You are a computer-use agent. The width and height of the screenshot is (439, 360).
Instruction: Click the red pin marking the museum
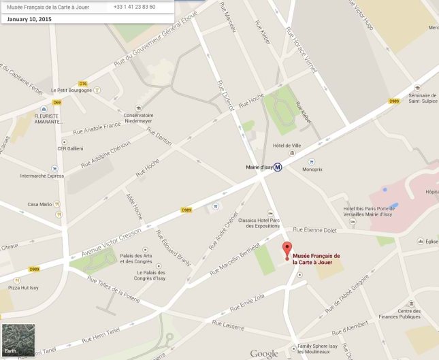[x=287, y=249]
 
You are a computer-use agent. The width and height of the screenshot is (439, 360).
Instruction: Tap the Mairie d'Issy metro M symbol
[x=278, y=167]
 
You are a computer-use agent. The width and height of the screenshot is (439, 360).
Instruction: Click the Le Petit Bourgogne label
[x=74, y=90]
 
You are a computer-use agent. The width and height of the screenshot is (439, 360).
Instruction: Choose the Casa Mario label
[x=39, y=204]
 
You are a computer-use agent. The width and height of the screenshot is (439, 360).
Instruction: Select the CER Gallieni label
[x=70, y=149]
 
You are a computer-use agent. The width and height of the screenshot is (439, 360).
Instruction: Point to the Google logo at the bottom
[x=263, y=353]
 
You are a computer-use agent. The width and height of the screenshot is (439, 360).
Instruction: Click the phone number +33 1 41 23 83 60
[x=135, y=7]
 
